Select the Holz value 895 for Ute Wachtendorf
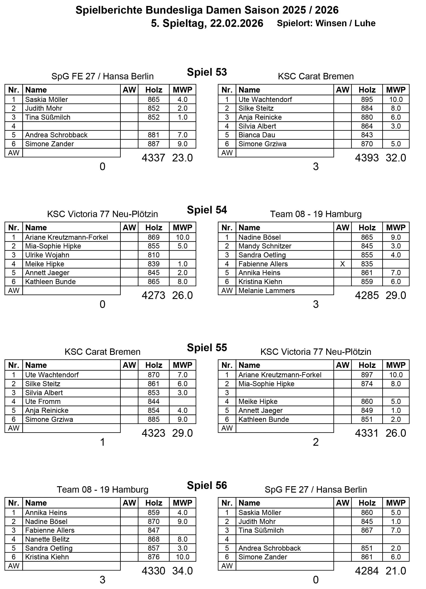pos(367,99)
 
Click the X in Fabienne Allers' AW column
pos(342,264)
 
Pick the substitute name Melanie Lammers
pos(266,291)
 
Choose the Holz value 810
pos(154,255)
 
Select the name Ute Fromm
pos(43,402)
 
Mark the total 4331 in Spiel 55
pos(367,433)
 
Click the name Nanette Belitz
pos(47,539)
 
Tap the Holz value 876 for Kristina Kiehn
pos(154,557)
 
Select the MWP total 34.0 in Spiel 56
pos(182,571)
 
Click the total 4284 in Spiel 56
pos(367,571)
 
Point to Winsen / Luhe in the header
pos(346,23)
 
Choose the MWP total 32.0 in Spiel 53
pos(396,158)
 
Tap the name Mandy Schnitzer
pos(265,246)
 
